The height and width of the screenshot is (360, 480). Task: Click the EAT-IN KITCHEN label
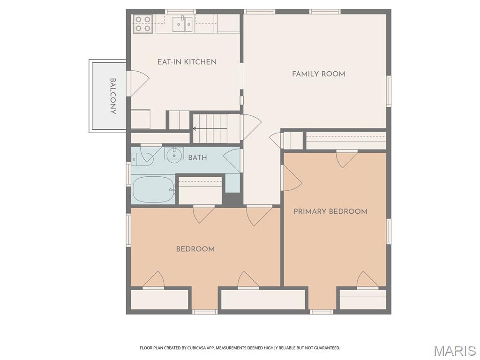coord(187,62)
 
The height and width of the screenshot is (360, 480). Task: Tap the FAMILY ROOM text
coord(318,74)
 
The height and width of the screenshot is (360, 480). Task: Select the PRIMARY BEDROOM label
coord(330,211)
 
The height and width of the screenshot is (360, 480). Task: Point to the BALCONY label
coord(112,96)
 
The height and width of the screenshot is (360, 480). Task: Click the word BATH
coord(197,157)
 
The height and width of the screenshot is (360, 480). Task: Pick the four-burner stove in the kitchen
coord(143,23)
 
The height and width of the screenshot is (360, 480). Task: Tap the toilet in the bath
coord(142,158)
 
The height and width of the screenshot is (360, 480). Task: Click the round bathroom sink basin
coord(174,153)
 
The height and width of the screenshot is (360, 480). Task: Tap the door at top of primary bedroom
coord(347,158)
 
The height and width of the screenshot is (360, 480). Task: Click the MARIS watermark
coord(454,351)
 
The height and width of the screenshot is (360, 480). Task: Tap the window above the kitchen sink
coord(180,11)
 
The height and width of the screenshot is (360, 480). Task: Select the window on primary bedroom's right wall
coord(389,231)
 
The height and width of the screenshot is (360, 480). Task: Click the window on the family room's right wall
coord(389,91)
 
